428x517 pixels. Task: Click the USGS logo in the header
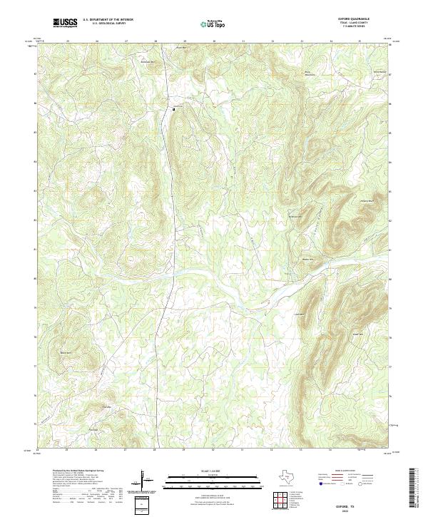66,24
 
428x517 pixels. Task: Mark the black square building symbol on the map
173,108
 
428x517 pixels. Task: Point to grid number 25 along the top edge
67,41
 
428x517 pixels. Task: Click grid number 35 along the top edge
360,41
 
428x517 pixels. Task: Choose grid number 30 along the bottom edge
213,451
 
